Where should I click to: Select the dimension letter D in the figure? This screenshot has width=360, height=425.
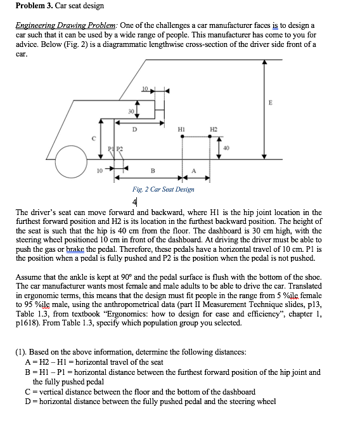coord(134,129)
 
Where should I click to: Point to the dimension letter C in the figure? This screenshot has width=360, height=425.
coord(94,138)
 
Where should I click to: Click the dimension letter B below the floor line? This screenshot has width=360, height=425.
coord(152,171)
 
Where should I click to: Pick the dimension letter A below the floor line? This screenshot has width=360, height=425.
coord(194,171)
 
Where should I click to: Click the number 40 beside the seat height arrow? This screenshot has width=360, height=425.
coord(227,148)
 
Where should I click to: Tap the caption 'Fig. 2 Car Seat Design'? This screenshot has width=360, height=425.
coord(164,189)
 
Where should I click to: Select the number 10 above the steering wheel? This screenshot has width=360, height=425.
coord(145,87)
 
